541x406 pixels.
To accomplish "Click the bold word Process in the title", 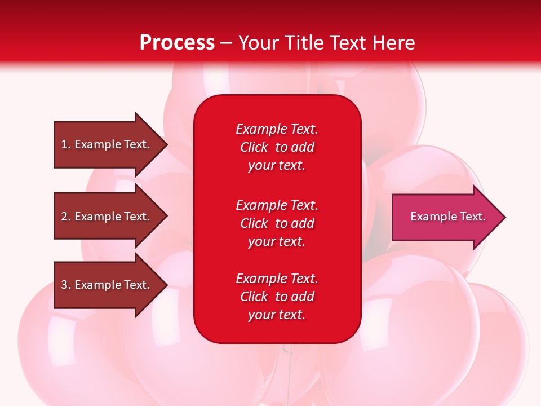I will (x=177, y=43).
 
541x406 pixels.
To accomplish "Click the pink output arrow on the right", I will (x=445, y=217).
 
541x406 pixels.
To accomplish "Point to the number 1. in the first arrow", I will (x=66, y=144).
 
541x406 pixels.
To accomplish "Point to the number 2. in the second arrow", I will (x=66, y=217).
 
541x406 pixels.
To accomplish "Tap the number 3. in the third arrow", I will (x=66, y=285).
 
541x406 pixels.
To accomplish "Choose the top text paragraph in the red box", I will (x=277, y=147).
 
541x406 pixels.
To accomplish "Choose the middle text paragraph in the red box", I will (x=277, y=223).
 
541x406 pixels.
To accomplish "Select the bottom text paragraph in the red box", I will (x=277, y=297).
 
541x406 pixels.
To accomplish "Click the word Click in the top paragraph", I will (x=254, y=147).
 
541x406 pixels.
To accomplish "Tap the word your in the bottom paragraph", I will (x=260, y=315).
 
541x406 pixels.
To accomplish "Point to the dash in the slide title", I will (x=227, y=43).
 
